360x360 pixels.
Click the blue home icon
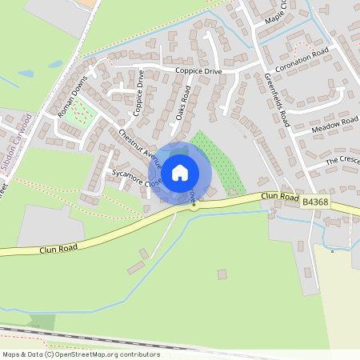(x=180, y=172)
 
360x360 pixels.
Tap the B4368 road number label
(x=316, y=205)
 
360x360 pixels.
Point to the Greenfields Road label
(x=277, y=100)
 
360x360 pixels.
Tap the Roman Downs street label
(x=72, y=102)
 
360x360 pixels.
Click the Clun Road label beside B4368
(x=279, y=198)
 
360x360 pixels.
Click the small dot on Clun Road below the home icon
(x=194, y=204)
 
